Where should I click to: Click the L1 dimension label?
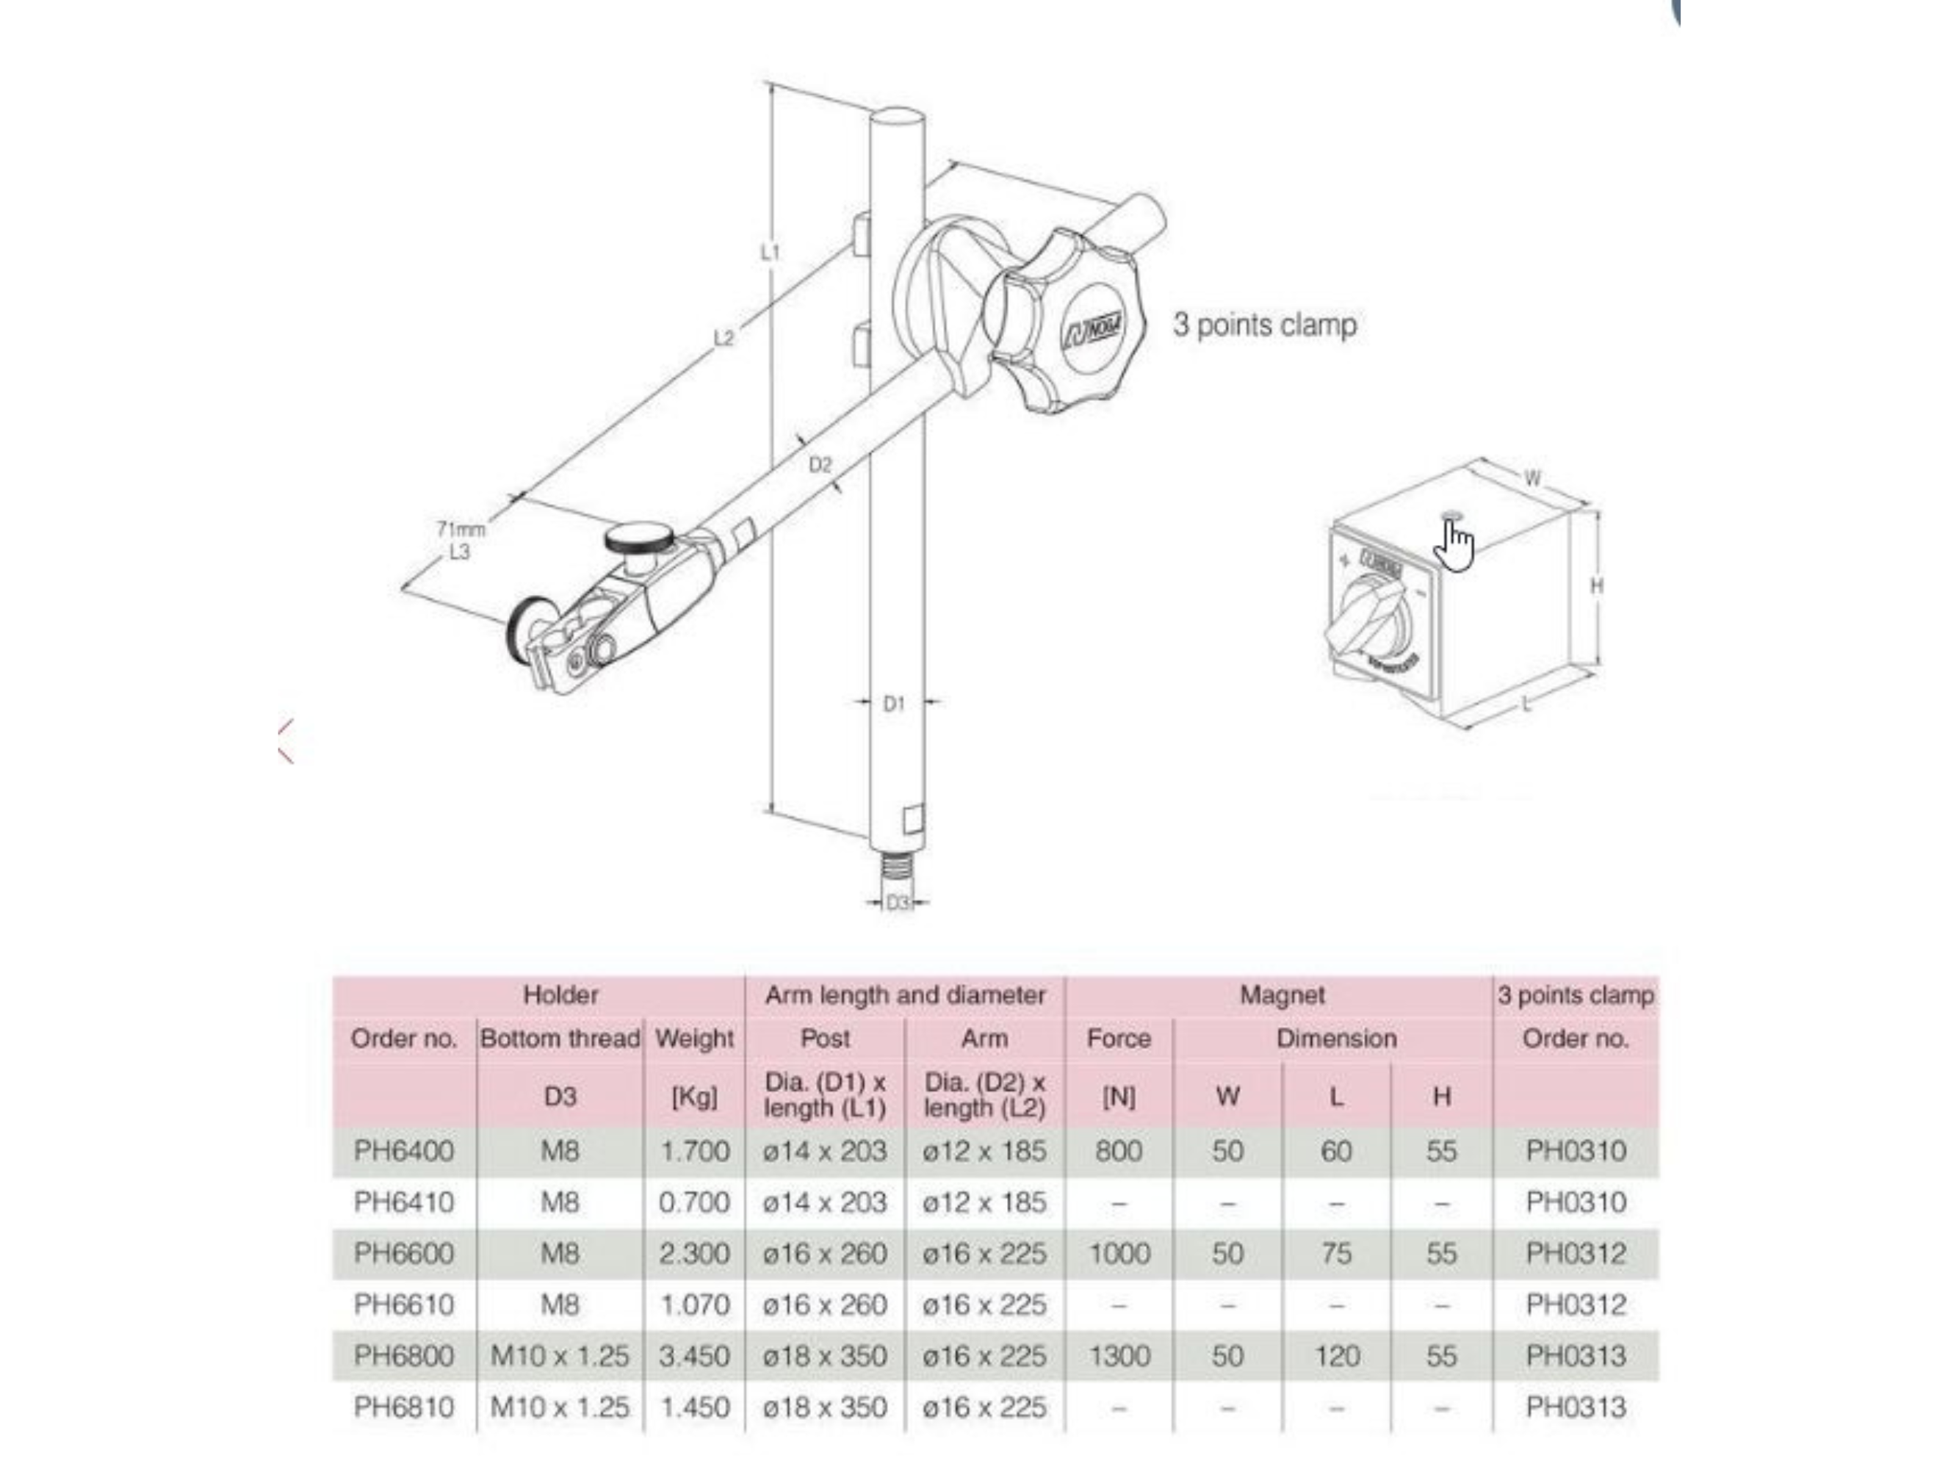coord(770,253)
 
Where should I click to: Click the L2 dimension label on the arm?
coord(724,337)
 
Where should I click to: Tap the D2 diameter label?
coord(820,465)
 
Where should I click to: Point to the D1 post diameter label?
coord(894,703)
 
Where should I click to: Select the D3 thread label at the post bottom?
coord(897,902)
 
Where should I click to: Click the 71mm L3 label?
coord(460,540)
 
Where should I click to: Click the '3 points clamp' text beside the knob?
coord(1264,325)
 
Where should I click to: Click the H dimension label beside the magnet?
coord(1596,585)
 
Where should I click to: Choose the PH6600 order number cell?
coord(403,1253)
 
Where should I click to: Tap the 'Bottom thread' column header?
coord(560,1039)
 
